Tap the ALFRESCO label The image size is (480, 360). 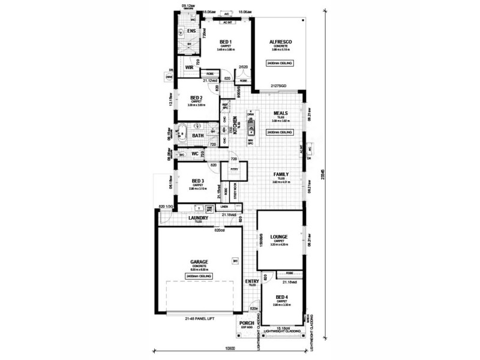click(x=280, y=40)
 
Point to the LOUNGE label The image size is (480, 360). click(x=280, y=237)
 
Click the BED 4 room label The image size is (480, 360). click(x=282, y=296)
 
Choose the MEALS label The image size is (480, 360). click(x=280, y=112)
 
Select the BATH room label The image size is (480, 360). click(x=197, y=136)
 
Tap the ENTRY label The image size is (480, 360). click(x=252, y=281)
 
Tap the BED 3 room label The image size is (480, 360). click(x=197, y=181)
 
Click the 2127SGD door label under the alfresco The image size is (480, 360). click(x=279, y=87)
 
